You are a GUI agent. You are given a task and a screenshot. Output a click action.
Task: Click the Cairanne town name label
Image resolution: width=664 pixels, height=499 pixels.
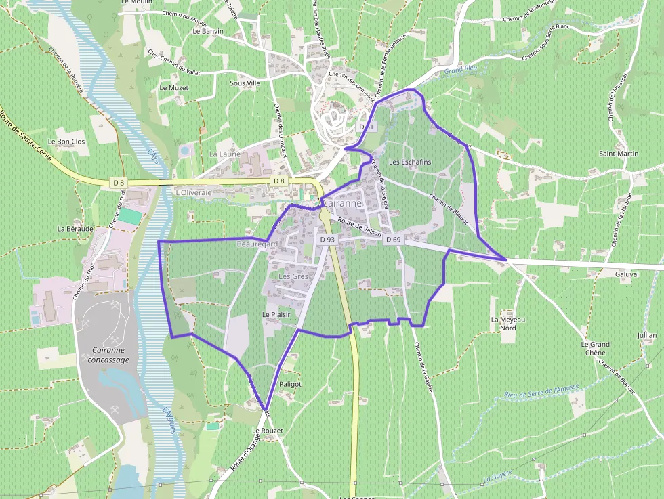[343, 203]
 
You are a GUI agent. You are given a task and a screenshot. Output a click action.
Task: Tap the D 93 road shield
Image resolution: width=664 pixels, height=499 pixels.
[327, 240]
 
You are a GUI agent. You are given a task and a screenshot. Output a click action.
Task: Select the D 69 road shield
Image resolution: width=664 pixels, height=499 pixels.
[394, 240]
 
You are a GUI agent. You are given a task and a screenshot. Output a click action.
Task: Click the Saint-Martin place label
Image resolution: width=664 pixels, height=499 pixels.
[618, 154]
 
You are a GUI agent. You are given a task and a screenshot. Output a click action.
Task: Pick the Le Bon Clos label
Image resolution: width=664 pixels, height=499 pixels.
[71, 142]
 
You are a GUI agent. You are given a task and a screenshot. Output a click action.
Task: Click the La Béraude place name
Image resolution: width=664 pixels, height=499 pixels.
[75, 229]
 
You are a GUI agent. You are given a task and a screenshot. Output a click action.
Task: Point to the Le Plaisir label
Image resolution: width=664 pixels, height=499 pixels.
[276, 315]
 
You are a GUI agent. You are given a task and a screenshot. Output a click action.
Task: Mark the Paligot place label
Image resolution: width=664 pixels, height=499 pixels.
[289, 384]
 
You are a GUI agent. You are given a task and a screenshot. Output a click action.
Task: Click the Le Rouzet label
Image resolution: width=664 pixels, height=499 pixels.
[267, 431]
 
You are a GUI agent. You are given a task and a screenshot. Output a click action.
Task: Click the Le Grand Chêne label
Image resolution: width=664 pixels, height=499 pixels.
[596, 348]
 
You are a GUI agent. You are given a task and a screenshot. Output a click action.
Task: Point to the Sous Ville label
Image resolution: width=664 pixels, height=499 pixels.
[245, 83]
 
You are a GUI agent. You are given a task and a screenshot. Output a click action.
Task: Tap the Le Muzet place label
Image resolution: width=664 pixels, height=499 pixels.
[173, 88]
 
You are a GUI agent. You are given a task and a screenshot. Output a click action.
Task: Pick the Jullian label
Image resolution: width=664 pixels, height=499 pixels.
[647, 335]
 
